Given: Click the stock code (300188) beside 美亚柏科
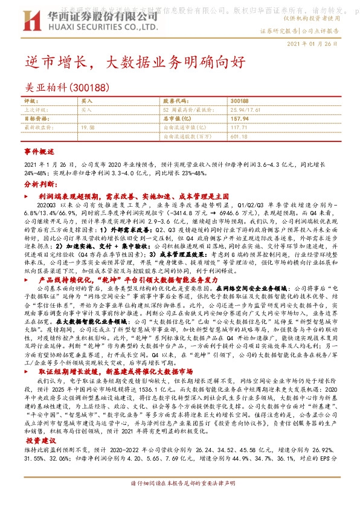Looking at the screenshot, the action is click(89, 87).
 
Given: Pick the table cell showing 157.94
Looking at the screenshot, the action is click(240, 119).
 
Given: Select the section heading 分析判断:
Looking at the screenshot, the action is click(40, 183).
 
